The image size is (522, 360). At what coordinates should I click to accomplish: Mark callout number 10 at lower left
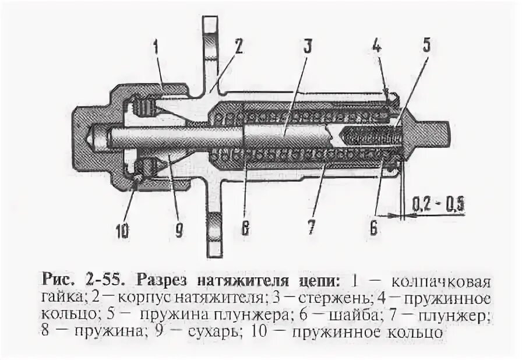(x=122, y=231)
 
